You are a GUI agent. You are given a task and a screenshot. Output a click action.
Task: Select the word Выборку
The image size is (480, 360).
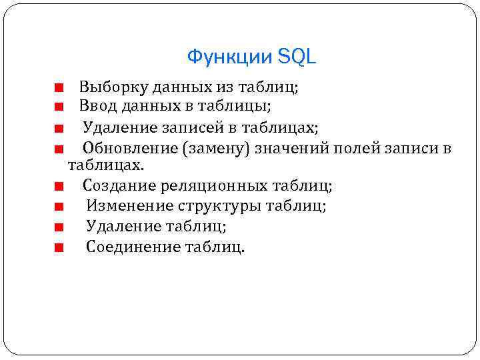pos(113,87)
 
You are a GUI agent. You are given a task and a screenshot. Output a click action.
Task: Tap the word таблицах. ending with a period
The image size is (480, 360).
pos(106,164)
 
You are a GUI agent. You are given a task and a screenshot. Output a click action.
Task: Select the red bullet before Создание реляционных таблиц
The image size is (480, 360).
pos(59,185)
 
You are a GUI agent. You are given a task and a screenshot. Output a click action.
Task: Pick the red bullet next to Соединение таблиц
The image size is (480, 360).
pos(59,248)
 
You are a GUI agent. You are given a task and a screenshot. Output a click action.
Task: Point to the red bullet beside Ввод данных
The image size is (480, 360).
pos(59,106)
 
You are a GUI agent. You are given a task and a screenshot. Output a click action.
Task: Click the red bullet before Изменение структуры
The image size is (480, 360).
pos(59,207)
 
